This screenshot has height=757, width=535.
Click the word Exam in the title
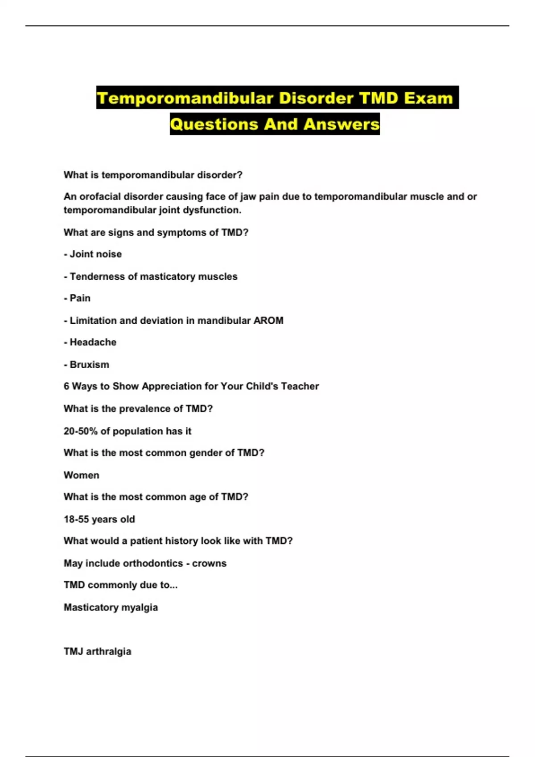coord(428,98)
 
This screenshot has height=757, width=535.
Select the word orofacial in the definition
coord(99,197)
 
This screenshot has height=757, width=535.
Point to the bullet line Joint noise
coord(95,254)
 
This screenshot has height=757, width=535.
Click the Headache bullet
coord(93,342)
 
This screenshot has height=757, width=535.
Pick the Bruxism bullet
coord(89,365)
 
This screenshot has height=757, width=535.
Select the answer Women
coord(82,475)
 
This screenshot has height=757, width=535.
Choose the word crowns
coord(209,563)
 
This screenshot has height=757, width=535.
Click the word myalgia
coord(140,607)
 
